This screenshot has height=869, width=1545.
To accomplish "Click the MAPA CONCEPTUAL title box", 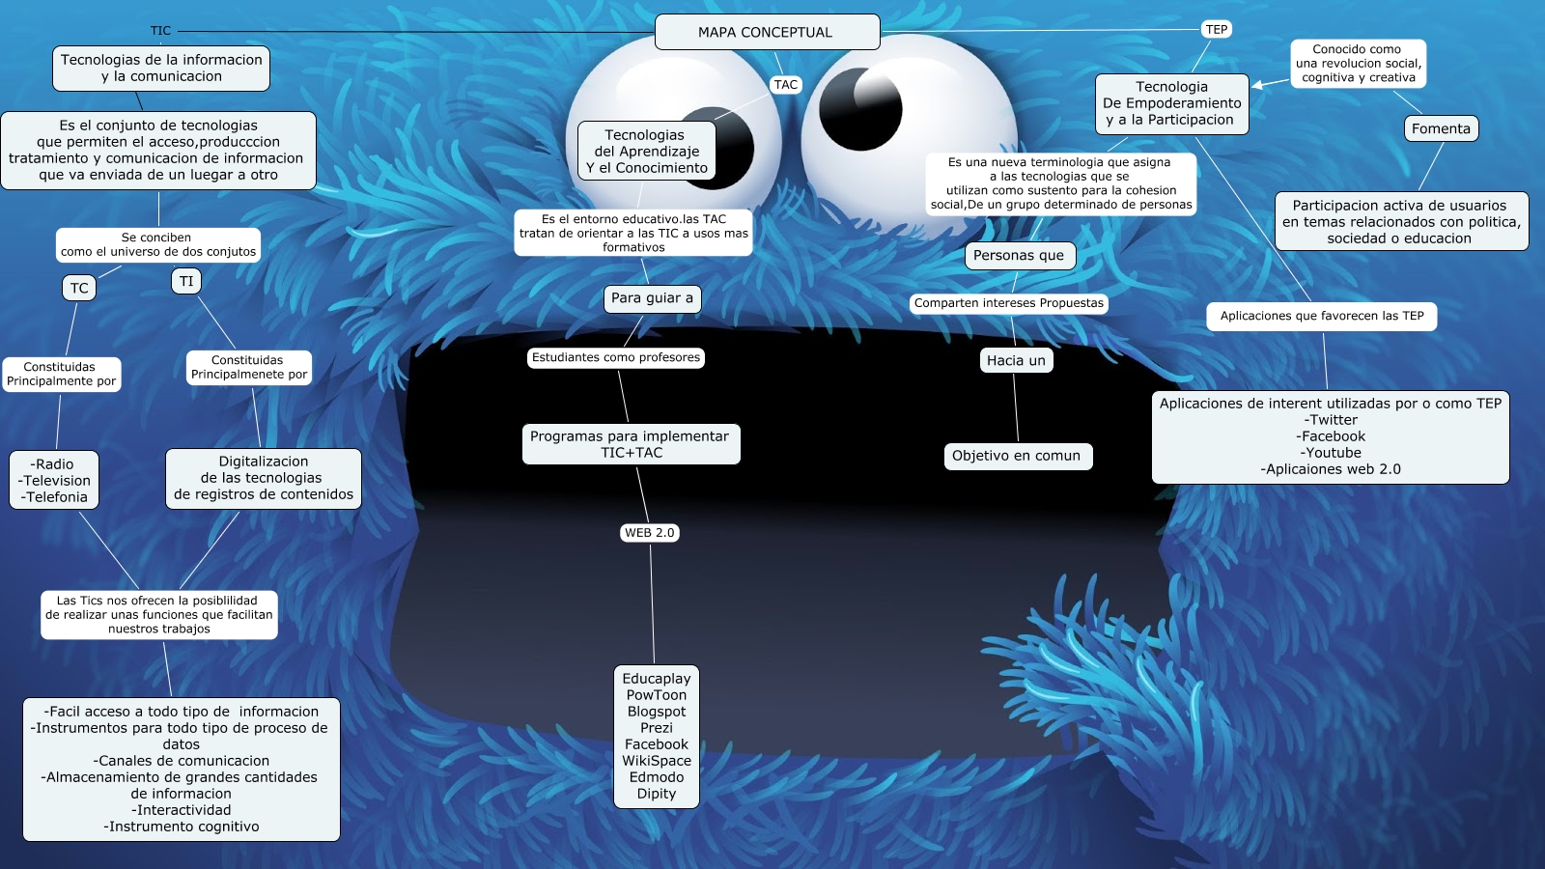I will (767, 32).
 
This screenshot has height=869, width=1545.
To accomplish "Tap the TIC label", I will (160, 31).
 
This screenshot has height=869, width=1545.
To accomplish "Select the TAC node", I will (786, 85).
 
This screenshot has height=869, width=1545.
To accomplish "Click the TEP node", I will (1217, 30).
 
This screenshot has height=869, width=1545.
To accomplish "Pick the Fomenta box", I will (1441, 128).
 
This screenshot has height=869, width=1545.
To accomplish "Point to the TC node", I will (79, 288).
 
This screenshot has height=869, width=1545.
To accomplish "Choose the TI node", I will (186, 281).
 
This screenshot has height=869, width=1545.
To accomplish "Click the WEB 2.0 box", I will (650, 533).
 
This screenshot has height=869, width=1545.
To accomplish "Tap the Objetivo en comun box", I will (1016, 456).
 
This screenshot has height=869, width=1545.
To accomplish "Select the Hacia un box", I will (1016, 360).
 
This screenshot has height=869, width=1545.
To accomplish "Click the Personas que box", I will (1019, 256).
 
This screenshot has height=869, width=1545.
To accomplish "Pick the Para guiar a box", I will (652, 298).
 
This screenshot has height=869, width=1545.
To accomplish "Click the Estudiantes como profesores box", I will (616, 357).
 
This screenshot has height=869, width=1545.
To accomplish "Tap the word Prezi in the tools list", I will (657, 728).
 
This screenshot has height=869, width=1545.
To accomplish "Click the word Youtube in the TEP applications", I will (1331, 453).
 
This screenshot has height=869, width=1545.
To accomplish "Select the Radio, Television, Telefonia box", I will (54, 480).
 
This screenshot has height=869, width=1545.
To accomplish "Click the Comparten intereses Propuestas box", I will (1008, 303).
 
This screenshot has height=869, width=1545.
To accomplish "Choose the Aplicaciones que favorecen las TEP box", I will (1321, 316).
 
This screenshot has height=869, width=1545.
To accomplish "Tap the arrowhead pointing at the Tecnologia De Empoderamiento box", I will (1257, 86).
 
